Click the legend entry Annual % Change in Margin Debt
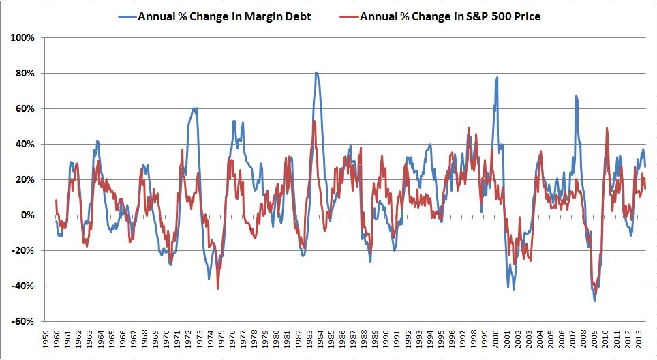coord(224,17)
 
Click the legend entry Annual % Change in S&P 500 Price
coord(450,17)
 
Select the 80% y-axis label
coord(25,73)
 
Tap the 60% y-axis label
coord(25,108)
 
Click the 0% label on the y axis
coord(28,215)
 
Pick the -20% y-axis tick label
coord(24,250)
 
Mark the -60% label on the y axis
coord(24,321)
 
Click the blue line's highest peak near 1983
coord(316,72)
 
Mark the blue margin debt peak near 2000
coord(497,78)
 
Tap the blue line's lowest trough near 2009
coord(594,301)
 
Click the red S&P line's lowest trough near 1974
coord(217,288)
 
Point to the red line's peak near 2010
coord(607,128)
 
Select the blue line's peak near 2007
coord(576,96)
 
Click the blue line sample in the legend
coord(124,17)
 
